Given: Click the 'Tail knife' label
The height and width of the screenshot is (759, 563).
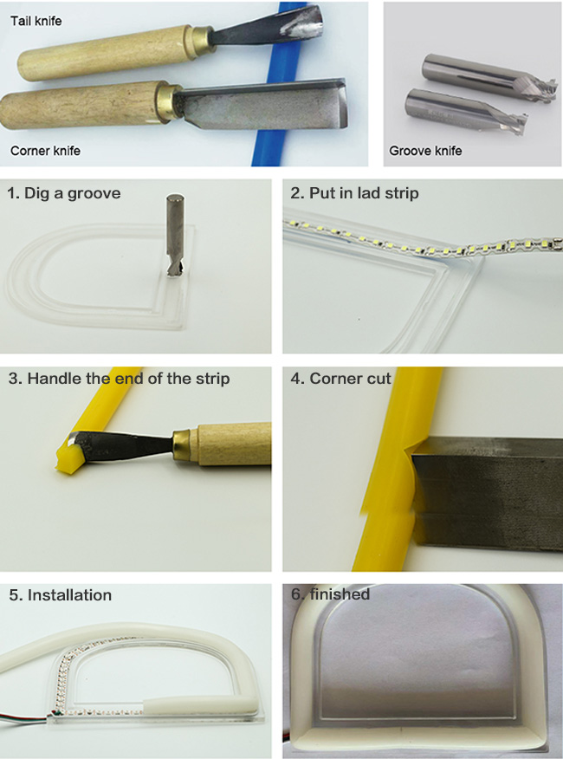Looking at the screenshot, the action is click(x=36, y=21).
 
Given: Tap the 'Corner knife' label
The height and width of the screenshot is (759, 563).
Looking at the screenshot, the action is click(x=45, y=151).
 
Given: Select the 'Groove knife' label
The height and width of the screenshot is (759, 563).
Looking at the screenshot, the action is click(x=425, y=151).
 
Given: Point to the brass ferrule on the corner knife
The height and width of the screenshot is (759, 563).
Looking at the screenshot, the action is click(x=168, y=102).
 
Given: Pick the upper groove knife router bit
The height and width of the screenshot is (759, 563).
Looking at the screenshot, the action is click(x=489, y=76).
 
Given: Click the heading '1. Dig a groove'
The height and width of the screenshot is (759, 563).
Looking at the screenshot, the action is click(x=63, y=193).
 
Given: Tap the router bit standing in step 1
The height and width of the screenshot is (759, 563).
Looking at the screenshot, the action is click(x=174, y=235).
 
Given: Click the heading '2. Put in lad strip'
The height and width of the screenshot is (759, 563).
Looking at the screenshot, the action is click(x=354, y=193).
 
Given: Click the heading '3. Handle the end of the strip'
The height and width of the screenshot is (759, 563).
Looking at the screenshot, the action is click(x=119, y=378).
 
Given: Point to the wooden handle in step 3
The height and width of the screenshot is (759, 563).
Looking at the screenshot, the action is click(x=235, y=444).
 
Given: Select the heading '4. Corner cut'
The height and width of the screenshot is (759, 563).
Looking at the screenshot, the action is click(x=340, y=378).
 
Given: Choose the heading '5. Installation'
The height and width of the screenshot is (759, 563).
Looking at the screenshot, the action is click(x=60, y=594).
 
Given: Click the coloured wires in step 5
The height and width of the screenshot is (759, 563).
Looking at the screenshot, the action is click(x=24, y=716).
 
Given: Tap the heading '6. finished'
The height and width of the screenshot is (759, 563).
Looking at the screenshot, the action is click(x=330, y=594).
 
